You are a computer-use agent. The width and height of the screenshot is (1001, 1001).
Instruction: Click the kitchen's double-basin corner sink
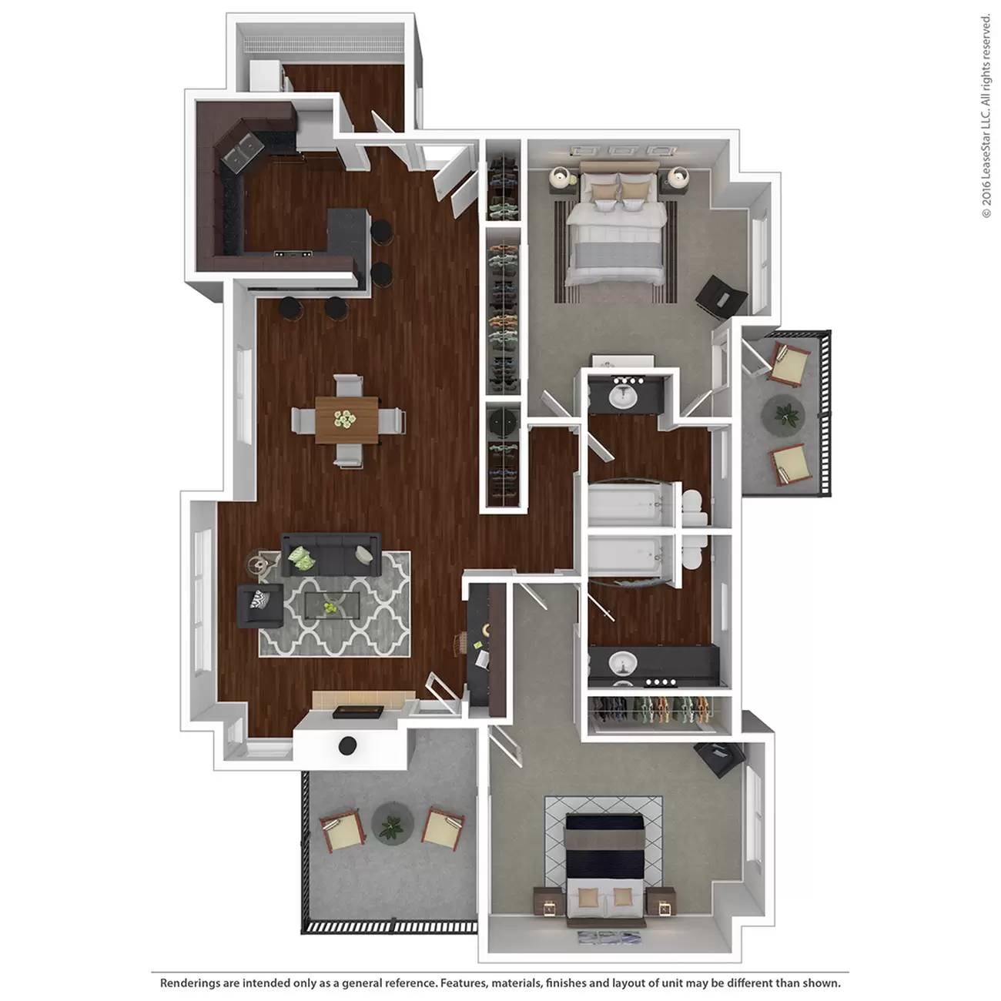coord(242,151)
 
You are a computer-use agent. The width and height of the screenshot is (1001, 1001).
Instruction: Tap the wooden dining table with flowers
coord(346,420)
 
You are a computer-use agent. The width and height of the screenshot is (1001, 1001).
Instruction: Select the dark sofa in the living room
coord(331,554)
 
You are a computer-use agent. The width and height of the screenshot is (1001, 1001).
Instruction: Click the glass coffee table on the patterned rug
coord(331,604)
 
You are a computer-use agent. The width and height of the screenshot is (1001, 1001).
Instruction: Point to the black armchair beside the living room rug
coord(260,605)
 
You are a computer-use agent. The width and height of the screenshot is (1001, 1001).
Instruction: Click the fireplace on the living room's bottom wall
coord(358,711)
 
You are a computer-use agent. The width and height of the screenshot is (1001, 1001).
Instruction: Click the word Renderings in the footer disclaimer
coord(189,983)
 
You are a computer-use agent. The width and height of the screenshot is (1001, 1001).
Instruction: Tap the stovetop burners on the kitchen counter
coord(293,254)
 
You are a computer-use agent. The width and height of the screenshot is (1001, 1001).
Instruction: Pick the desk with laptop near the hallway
coord(486,646)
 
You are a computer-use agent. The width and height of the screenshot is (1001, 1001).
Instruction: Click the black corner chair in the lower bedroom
coord(719,759)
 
